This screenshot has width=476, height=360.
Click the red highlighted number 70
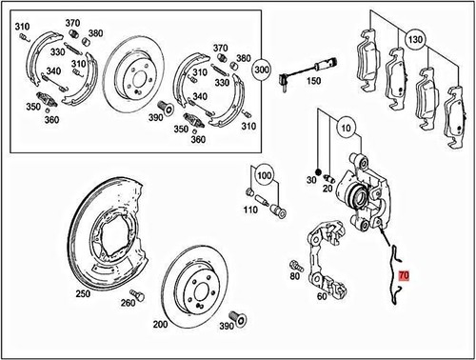click(406, 274)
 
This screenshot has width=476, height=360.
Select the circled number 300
click(262, 69)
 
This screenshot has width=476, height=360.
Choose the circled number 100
click(264, 176)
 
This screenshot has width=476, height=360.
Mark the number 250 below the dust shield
click(83, 294)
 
